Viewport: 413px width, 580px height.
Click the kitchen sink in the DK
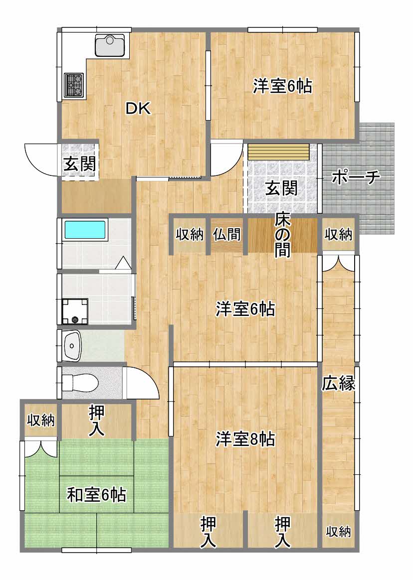(110, 45)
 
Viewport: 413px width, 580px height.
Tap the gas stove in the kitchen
(74, 85)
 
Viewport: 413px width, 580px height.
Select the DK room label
(138, 109)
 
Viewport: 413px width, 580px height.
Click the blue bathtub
(86, 230)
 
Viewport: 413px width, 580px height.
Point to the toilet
(80, 383)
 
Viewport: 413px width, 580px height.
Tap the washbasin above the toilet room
(72, 345)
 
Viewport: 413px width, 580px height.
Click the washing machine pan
(75, 311)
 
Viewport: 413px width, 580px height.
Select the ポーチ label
(356, 177)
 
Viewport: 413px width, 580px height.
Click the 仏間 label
(227, 234)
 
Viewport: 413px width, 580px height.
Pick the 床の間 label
(282, 235)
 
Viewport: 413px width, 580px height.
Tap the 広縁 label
(338, 383)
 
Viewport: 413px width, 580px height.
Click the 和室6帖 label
(96, 495)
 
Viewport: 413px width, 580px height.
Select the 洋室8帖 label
(245, 439)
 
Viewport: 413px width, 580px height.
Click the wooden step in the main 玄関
(278, 151)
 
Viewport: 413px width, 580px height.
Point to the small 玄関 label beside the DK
(80, 164)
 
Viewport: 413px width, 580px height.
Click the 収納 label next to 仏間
(190, 234)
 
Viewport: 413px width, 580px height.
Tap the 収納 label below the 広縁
(338, 532)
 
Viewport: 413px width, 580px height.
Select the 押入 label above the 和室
(97, 421)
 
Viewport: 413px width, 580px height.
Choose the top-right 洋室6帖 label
(282, 86)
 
